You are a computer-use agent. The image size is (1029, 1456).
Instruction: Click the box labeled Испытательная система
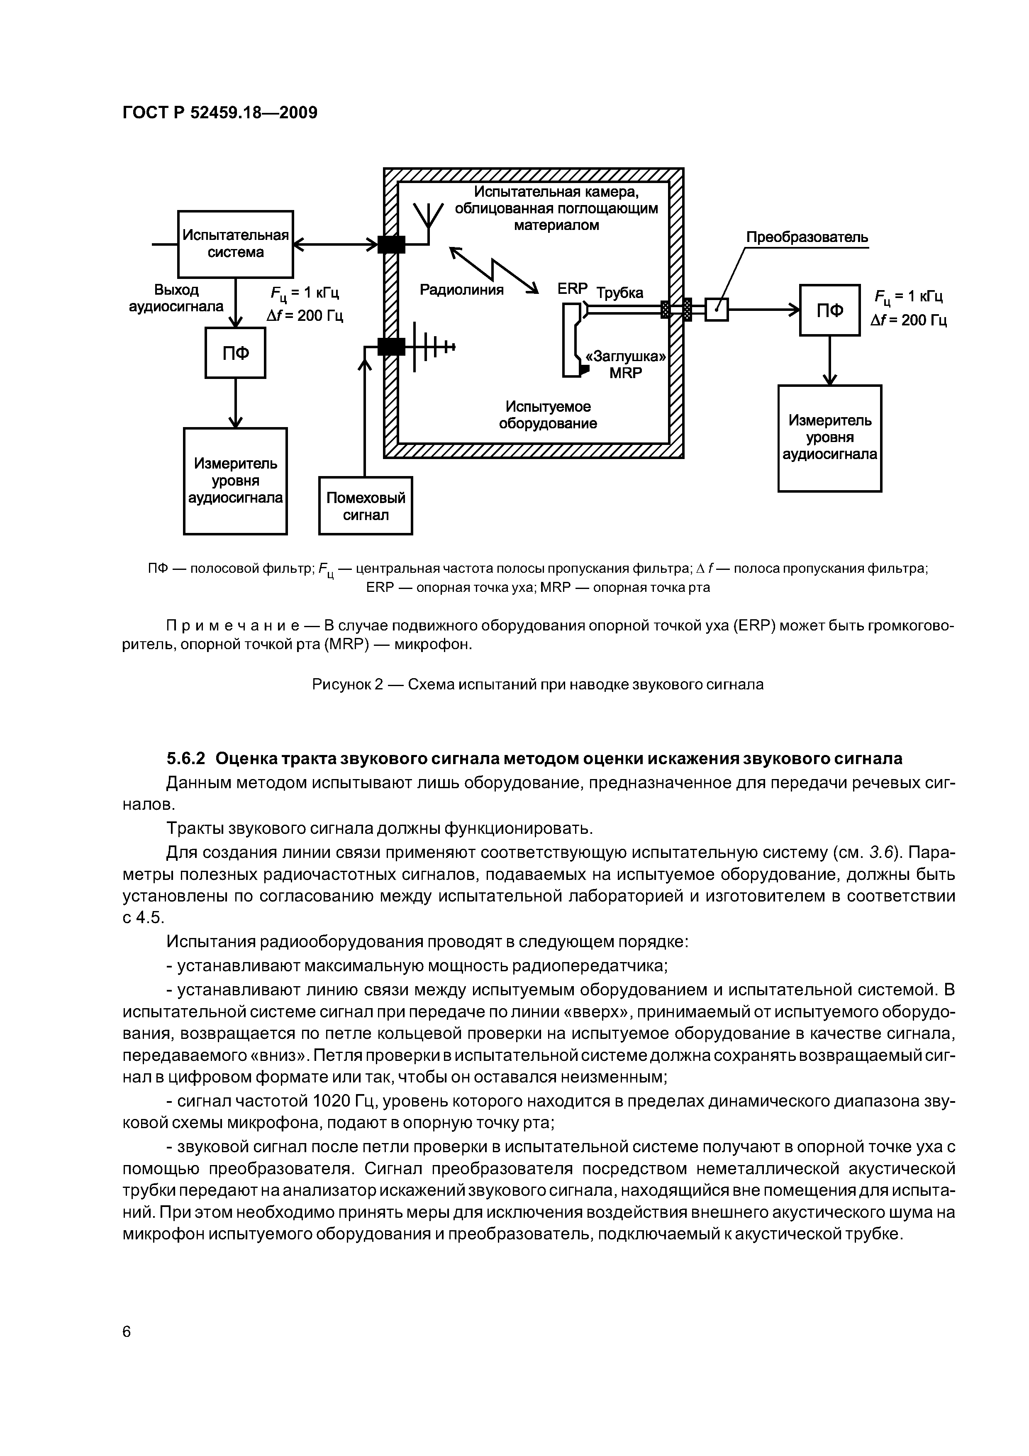pos(235,244)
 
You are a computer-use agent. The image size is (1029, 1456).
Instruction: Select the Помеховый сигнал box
pos(365,506)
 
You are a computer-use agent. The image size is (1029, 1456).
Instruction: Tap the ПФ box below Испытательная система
pos(235,352)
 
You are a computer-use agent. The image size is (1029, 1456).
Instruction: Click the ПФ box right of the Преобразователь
pos(829,310)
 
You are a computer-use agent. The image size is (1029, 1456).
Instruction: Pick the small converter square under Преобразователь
pos(717,310)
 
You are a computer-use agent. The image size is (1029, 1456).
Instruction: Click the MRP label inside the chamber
pos(625,373)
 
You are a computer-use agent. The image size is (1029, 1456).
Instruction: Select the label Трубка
pos(619,293)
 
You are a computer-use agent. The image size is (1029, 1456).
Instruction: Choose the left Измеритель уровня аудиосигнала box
pos(235,481)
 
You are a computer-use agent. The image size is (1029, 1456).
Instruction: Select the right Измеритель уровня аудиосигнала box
pos(829,437)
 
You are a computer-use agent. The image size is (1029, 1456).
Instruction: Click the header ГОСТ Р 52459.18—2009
pos(219,113)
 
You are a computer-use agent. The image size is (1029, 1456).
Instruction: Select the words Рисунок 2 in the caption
pos(348,685)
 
